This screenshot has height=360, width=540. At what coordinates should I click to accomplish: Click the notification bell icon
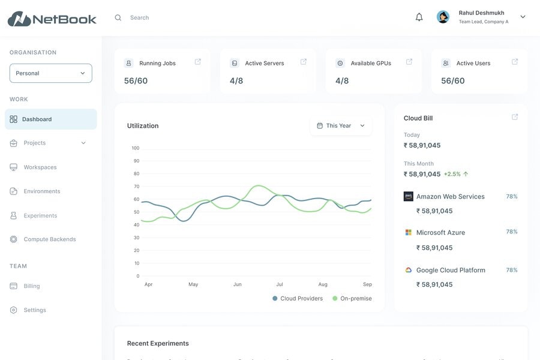click(x=419, y=17)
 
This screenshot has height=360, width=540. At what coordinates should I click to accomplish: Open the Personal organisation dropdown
click(x=51, y=73)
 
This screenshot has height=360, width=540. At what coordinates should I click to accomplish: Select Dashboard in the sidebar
click(x=37, y=119)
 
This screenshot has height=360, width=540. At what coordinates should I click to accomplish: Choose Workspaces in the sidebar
click(x=40, y=167)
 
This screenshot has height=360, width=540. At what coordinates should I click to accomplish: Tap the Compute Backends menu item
click(x=50, y=239)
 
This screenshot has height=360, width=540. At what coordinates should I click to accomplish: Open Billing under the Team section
click(x=32, y=286)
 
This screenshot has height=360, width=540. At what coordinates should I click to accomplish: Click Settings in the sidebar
click(x=35, y=310)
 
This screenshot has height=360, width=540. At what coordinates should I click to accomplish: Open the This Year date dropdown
click(x=341, y=126)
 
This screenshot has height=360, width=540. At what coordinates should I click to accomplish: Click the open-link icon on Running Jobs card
click(x=198, y=62)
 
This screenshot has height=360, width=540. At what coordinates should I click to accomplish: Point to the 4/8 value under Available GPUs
click(x=342, y=81)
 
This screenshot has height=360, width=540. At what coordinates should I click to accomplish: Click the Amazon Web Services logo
click(x=409, y=196)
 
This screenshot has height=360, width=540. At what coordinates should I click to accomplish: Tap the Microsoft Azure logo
click(x=409, y=232)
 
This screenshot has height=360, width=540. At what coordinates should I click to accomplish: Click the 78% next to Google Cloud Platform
click(x=512, y=270)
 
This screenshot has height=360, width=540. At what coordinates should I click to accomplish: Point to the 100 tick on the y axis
click(x=136, y=148)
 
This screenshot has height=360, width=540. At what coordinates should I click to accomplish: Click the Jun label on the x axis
click(x=238, y=284)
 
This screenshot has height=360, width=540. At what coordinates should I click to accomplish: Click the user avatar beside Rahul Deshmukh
click(x=443, y=17)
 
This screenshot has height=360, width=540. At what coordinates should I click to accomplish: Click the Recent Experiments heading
click(x=158, y=344)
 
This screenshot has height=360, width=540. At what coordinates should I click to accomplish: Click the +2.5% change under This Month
click(x=452, y=174)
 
